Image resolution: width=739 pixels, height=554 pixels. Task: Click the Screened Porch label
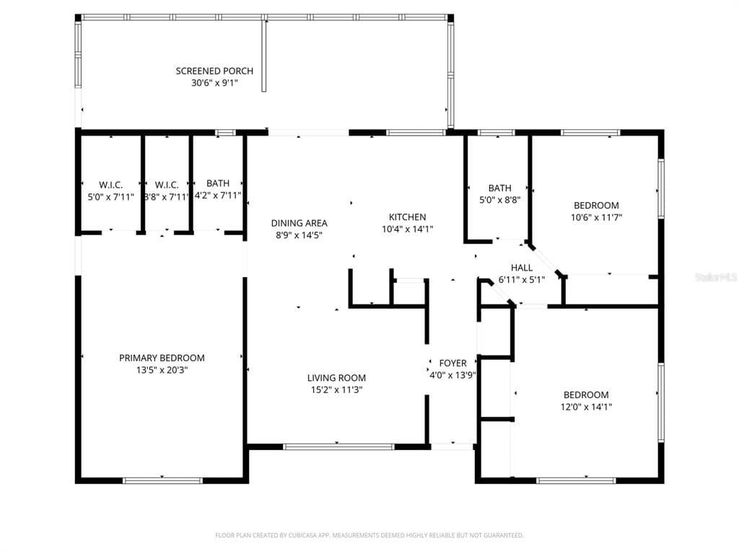214,71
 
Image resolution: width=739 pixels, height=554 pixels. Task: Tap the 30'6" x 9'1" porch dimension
214,83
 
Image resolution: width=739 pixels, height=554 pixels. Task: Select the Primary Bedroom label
162,358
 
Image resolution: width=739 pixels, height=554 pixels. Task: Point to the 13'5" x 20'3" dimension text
162,370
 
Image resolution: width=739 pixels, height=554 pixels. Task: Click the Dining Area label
299,224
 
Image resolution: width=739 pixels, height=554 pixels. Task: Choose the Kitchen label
407,217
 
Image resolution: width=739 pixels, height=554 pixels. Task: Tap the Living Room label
336,378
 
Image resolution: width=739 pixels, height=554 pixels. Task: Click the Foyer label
452,364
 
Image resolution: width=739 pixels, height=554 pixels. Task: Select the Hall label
521,268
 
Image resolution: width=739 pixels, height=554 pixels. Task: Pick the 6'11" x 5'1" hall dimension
521,280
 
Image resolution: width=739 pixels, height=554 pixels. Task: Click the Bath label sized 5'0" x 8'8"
499,188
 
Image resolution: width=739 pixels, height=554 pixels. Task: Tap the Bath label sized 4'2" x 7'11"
218,183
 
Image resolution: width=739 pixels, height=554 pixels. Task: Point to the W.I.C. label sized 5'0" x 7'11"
110,185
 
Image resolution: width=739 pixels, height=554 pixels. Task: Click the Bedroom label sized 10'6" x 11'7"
596,206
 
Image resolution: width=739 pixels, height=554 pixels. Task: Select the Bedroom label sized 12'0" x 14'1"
586,395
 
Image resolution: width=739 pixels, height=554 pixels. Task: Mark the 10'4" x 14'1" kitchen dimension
407,229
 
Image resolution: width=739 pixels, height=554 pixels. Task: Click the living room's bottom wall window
338,447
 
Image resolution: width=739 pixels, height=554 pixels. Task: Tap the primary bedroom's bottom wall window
162,480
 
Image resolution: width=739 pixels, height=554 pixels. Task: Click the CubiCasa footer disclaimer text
369,535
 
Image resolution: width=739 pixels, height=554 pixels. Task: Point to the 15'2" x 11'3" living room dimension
336,390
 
